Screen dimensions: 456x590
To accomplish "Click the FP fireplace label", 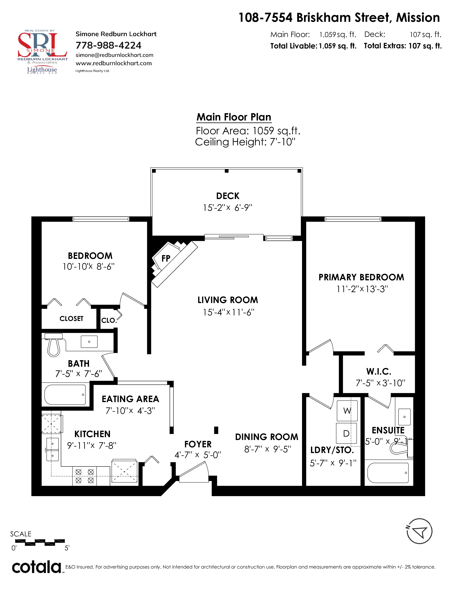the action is click(166, 259).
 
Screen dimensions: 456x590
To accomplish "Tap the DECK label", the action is click(228, 196).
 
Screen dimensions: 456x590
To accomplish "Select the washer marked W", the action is click(347, 411).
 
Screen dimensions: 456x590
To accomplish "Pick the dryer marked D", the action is click(346, 434).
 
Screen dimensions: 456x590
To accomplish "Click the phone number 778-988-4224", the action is click(108, 45).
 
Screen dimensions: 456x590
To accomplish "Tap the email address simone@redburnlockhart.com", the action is click(114, 55).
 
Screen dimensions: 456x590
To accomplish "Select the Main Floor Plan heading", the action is click(234, 117).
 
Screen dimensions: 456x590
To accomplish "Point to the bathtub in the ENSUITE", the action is click(388, 473).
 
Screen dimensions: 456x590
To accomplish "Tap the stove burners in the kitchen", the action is click(85, 476).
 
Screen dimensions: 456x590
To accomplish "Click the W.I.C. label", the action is click(379, 372).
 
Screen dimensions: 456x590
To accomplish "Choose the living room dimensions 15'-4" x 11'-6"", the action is click(229, 312).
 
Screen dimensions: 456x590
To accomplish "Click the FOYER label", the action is click(198, 444).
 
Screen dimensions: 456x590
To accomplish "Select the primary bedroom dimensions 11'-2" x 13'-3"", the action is click(362, 289).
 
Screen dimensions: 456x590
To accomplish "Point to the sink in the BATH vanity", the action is click(89, 342).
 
